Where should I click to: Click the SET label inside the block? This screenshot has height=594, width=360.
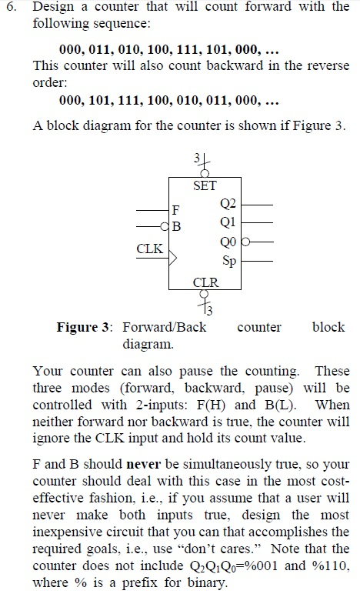205,185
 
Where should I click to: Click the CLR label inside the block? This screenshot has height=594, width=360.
205,282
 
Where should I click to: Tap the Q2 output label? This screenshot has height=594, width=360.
228,204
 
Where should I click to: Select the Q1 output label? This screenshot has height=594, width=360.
228,222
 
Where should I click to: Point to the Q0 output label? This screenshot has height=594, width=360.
228,242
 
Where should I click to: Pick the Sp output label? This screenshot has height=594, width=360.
229,261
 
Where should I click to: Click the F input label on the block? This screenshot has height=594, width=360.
175,209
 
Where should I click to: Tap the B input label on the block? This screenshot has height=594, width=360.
176,226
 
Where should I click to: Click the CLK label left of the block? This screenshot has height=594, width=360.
149,249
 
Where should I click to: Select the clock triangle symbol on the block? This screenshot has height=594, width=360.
172,258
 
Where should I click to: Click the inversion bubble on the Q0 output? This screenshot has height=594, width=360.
245,241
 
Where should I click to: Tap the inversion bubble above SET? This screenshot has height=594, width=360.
205,173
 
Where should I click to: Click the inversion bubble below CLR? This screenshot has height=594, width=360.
205,293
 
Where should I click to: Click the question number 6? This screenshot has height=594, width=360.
12,7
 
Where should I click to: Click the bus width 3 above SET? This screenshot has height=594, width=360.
197,158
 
